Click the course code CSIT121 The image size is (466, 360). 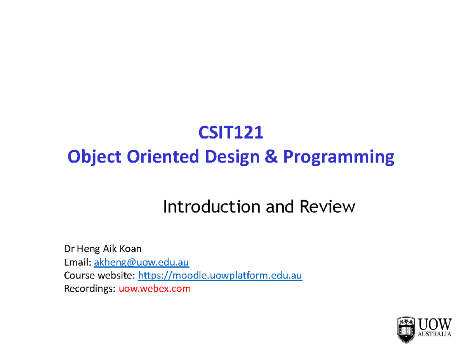click(x=231, y=133)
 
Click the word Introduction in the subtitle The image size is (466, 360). click(x=211, y=207)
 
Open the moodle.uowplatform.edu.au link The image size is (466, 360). click(x=220, y=276)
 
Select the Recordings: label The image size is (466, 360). click(x=90, y=289)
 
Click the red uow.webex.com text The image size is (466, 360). click(x=155, y=289)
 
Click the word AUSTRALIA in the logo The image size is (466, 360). click(x=435, y=334)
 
